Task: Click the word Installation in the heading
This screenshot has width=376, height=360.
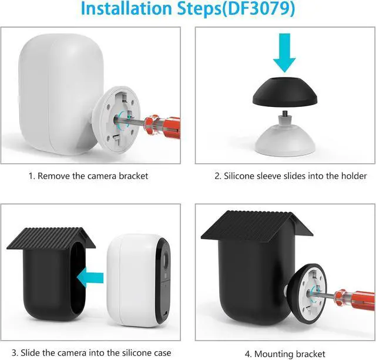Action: coord(127,9)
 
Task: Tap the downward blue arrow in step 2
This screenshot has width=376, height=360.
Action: coord(284,53)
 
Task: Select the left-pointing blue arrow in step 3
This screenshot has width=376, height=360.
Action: coord(90,278)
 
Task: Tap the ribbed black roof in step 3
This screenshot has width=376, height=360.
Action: coord(51,238)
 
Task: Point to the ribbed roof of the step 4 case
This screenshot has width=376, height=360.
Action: coord(257,226)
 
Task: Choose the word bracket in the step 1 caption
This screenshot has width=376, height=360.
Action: coord(133,176)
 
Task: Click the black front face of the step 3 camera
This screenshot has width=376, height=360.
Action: coord(163,283)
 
